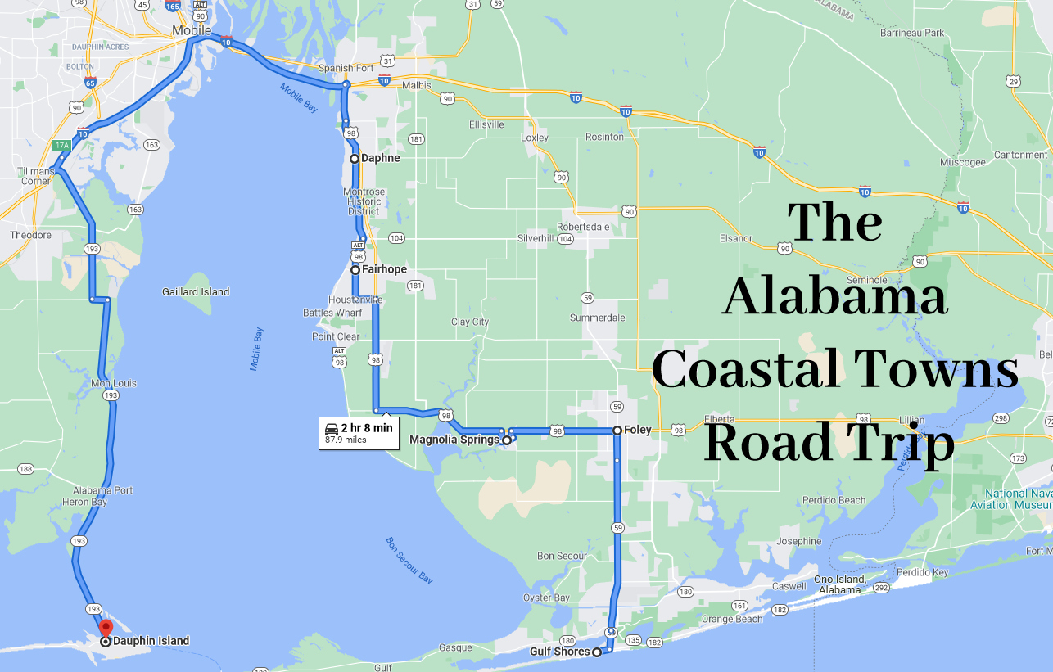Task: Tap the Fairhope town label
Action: [384, 269]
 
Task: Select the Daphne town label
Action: [381, 158]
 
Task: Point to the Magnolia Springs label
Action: [454, 440]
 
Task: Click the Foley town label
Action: [638, 430]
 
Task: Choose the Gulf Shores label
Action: [559, 652]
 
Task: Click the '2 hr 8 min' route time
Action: [367, 427]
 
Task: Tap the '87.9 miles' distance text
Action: [346, 440]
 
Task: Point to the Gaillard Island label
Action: [196, 291]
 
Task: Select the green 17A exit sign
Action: [62, 145]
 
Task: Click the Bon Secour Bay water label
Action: [409, 560]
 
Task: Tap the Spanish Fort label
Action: [346, 68]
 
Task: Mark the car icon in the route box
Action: [332, 428]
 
